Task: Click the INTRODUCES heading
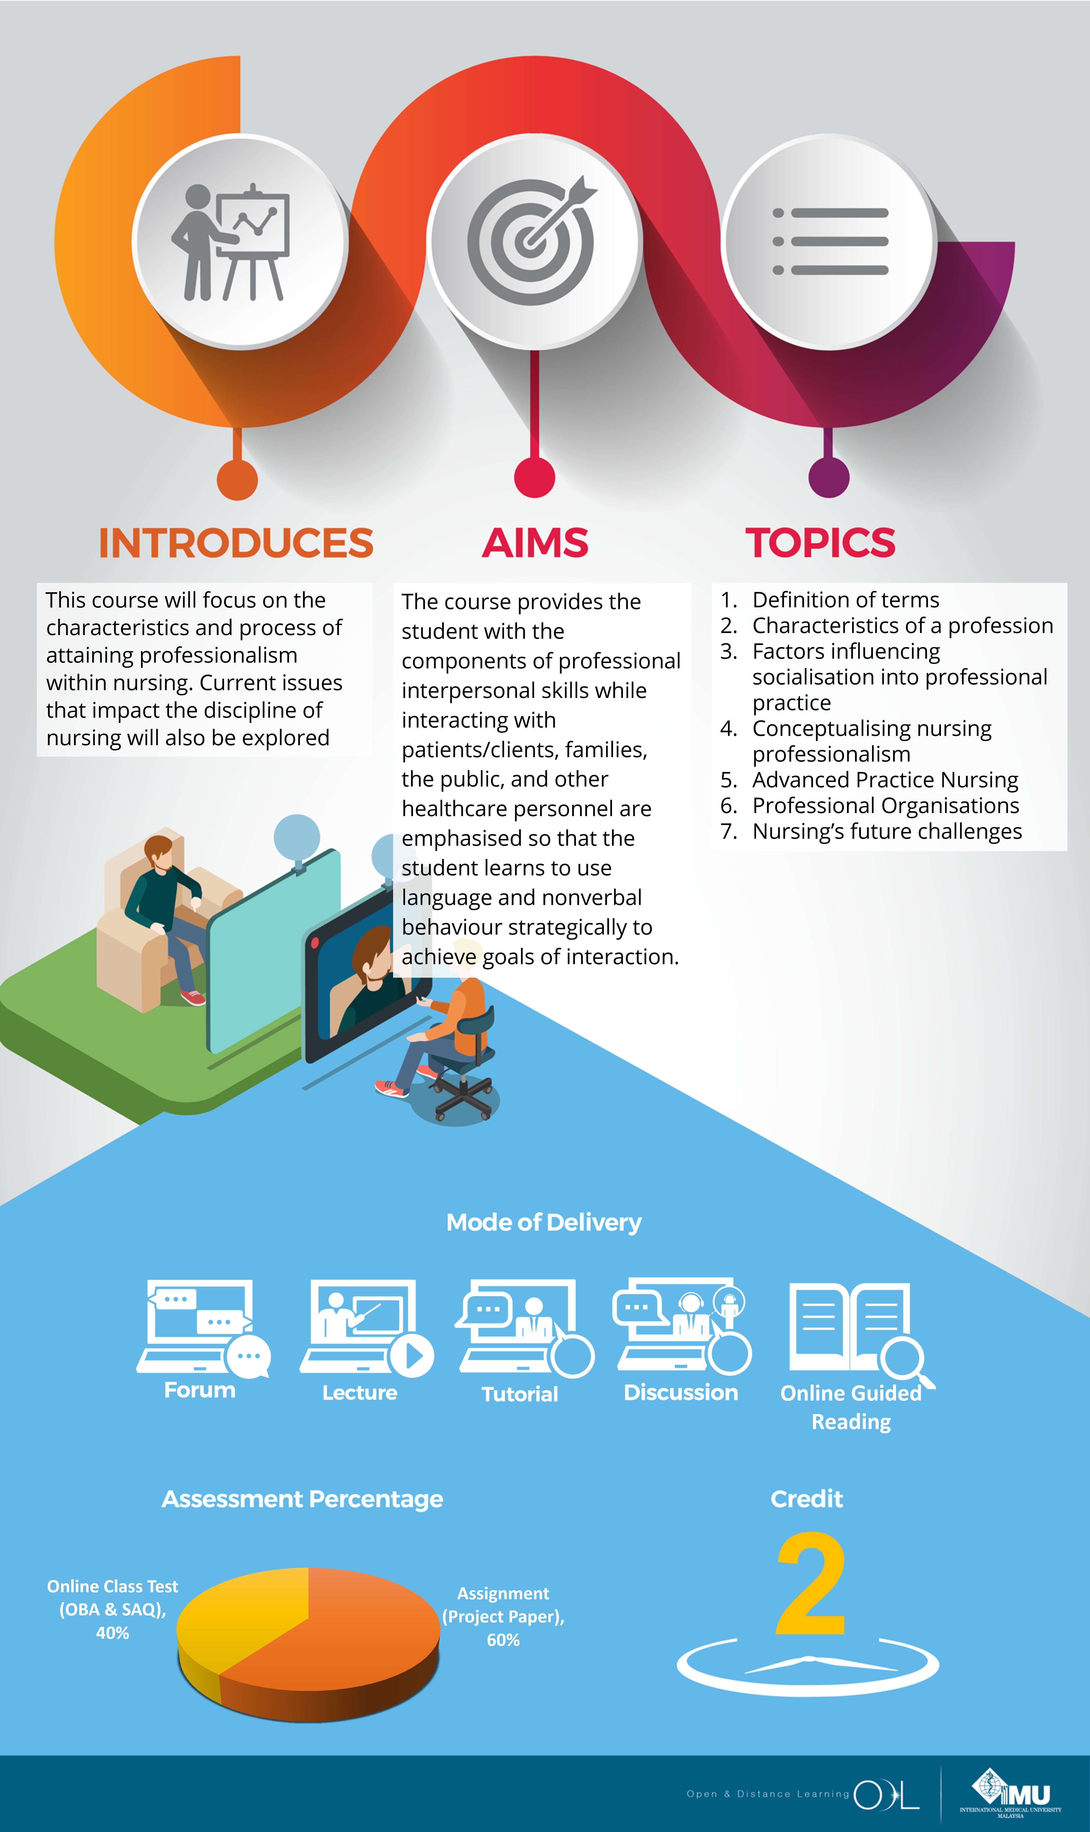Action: coord(236,543)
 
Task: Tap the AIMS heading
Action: coord(535,543)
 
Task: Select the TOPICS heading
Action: coord(820,543)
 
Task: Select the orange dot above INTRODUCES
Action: coord(237,480)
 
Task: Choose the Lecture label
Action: coord(360,1393)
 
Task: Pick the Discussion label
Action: coord(681,1393)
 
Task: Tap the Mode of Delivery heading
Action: coord(543,1222)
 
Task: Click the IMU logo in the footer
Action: coord(1011,1792)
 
